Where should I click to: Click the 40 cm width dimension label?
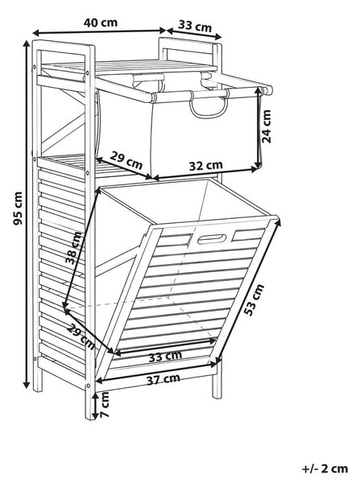tap(101, 23)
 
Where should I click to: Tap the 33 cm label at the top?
tap(195, 26)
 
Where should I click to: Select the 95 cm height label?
tap(18, 208)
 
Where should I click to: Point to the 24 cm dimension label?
tap(267, 126)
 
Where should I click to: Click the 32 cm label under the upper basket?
tap(205, 166)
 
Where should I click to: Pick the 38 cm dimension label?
tap(74, 248)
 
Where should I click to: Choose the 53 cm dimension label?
tap(254, 300)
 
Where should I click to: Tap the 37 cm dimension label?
tap(163, 379)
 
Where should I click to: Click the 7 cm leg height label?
tap(105, 404)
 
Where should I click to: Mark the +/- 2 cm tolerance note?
tap(325, 469)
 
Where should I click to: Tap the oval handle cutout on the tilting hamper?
tap(212, 239)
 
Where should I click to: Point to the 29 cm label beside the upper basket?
tap(126, 160)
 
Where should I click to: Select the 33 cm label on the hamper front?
tap(165, 357)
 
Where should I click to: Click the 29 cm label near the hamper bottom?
tap(81, 337)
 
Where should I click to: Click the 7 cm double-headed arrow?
tap(96, 405)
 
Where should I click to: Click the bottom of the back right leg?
tap(217, 397)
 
